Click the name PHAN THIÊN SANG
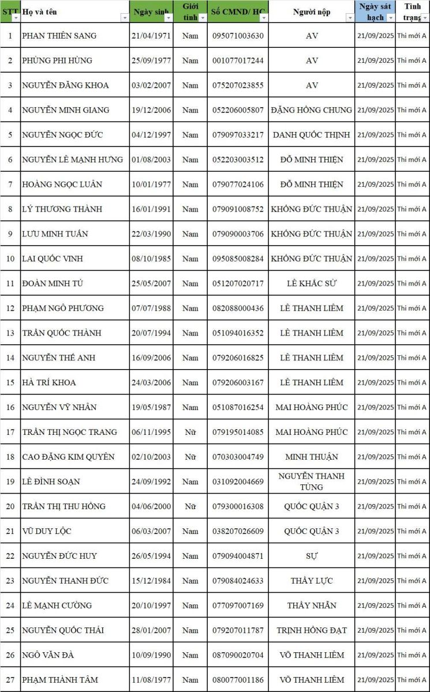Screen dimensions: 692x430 (59, 36)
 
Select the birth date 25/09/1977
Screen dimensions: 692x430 (151, 61)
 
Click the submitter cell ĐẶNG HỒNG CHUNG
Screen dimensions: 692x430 (312, 110)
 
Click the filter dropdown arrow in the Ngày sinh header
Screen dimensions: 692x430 (169, 18)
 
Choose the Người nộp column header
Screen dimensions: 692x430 (312, 12)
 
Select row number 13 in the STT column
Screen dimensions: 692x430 (10, 333)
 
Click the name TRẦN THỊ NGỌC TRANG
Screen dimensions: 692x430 (69, 432)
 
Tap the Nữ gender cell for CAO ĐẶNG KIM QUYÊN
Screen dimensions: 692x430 (190, 457)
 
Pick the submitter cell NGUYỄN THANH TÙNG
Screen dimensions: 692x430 (312, 481)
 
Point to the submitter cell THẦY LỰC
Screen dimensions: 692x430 (312, 581)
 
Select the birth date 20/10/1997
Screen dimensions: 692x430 (151, 605)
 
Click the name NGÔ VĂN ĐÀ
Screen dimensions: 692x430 (48, 655)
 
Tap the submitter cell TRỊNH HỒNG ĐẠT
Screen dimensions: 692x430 (312, 630)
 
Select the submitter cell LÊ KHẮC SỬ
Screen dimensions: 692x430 (312, 283)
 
